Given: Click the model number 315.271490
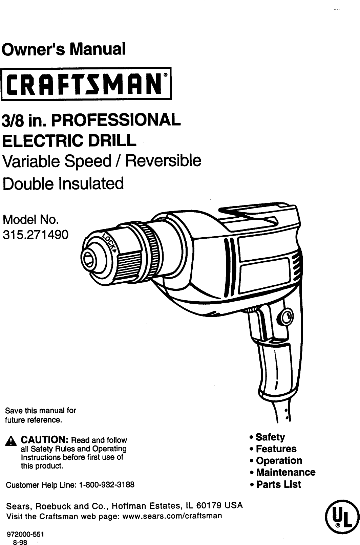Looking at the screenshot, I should (35, 234).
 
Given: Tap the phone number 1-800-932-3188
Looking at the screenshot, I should (106, 485).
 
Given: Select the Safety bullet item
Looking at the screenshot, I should (270, 437).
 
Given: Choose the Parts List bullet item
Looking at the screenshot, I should (278, 484).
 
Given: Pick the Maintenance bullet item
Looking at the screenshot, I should (285, 472).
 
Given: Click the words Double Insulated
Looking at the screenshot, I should (63, 183).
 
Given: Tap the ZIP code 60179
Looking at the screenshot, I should (208, 506).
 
